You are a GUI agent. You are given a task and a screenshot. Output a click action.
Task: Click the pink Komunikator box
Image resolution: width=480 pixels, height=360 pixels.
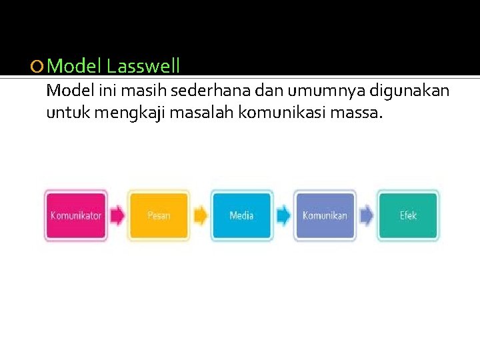click(x=75, y=215)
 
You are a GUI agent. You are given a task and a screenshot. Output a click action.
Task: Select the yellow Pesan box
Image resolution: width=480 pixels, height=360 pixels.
click(x=159, y=215)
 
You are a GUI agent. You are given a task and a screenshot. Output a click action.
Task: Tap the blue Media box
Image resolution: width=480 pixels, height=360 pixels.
click(x=241, y=215)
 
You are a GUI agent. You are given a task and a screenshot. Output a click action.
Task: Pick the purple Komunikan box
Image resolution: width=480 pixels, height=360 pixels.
click(x=325, y=215)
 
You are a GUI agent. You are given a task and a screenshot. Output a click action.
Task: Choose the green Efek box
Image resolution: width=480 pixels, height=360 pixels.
click(x=408, y=215)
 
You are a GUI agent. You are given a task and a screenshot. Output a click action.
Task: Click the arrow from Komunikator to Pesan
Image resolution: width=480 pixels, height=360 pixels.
click(x=117, y=215)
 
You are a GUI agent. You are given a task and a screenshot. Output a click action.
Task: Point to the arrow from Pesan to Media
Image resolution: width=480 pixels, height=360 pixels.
click(x=201, y=215)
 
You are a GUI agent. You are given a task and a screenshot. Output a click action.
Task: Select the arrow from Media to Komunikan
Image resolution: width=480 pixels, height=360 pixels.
click(x=283, y=215)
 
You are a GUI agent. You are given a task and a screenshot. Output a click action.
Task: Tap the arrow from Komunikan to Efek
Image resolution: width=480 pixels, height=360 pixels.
click(x=367, y=215)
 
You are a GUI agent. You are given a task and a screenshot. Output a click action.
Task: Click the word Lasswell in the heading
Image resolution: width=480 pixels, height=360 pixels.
click(x=143, y=66)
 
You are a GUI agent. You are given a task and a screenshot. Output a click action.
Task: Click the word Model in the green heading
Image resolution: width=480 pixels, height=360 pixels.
click(x=75, y=66)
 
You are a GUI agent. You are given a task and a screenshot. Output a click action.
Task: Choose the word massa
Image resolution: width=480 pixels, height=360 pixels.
click(x=361, y=113)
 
